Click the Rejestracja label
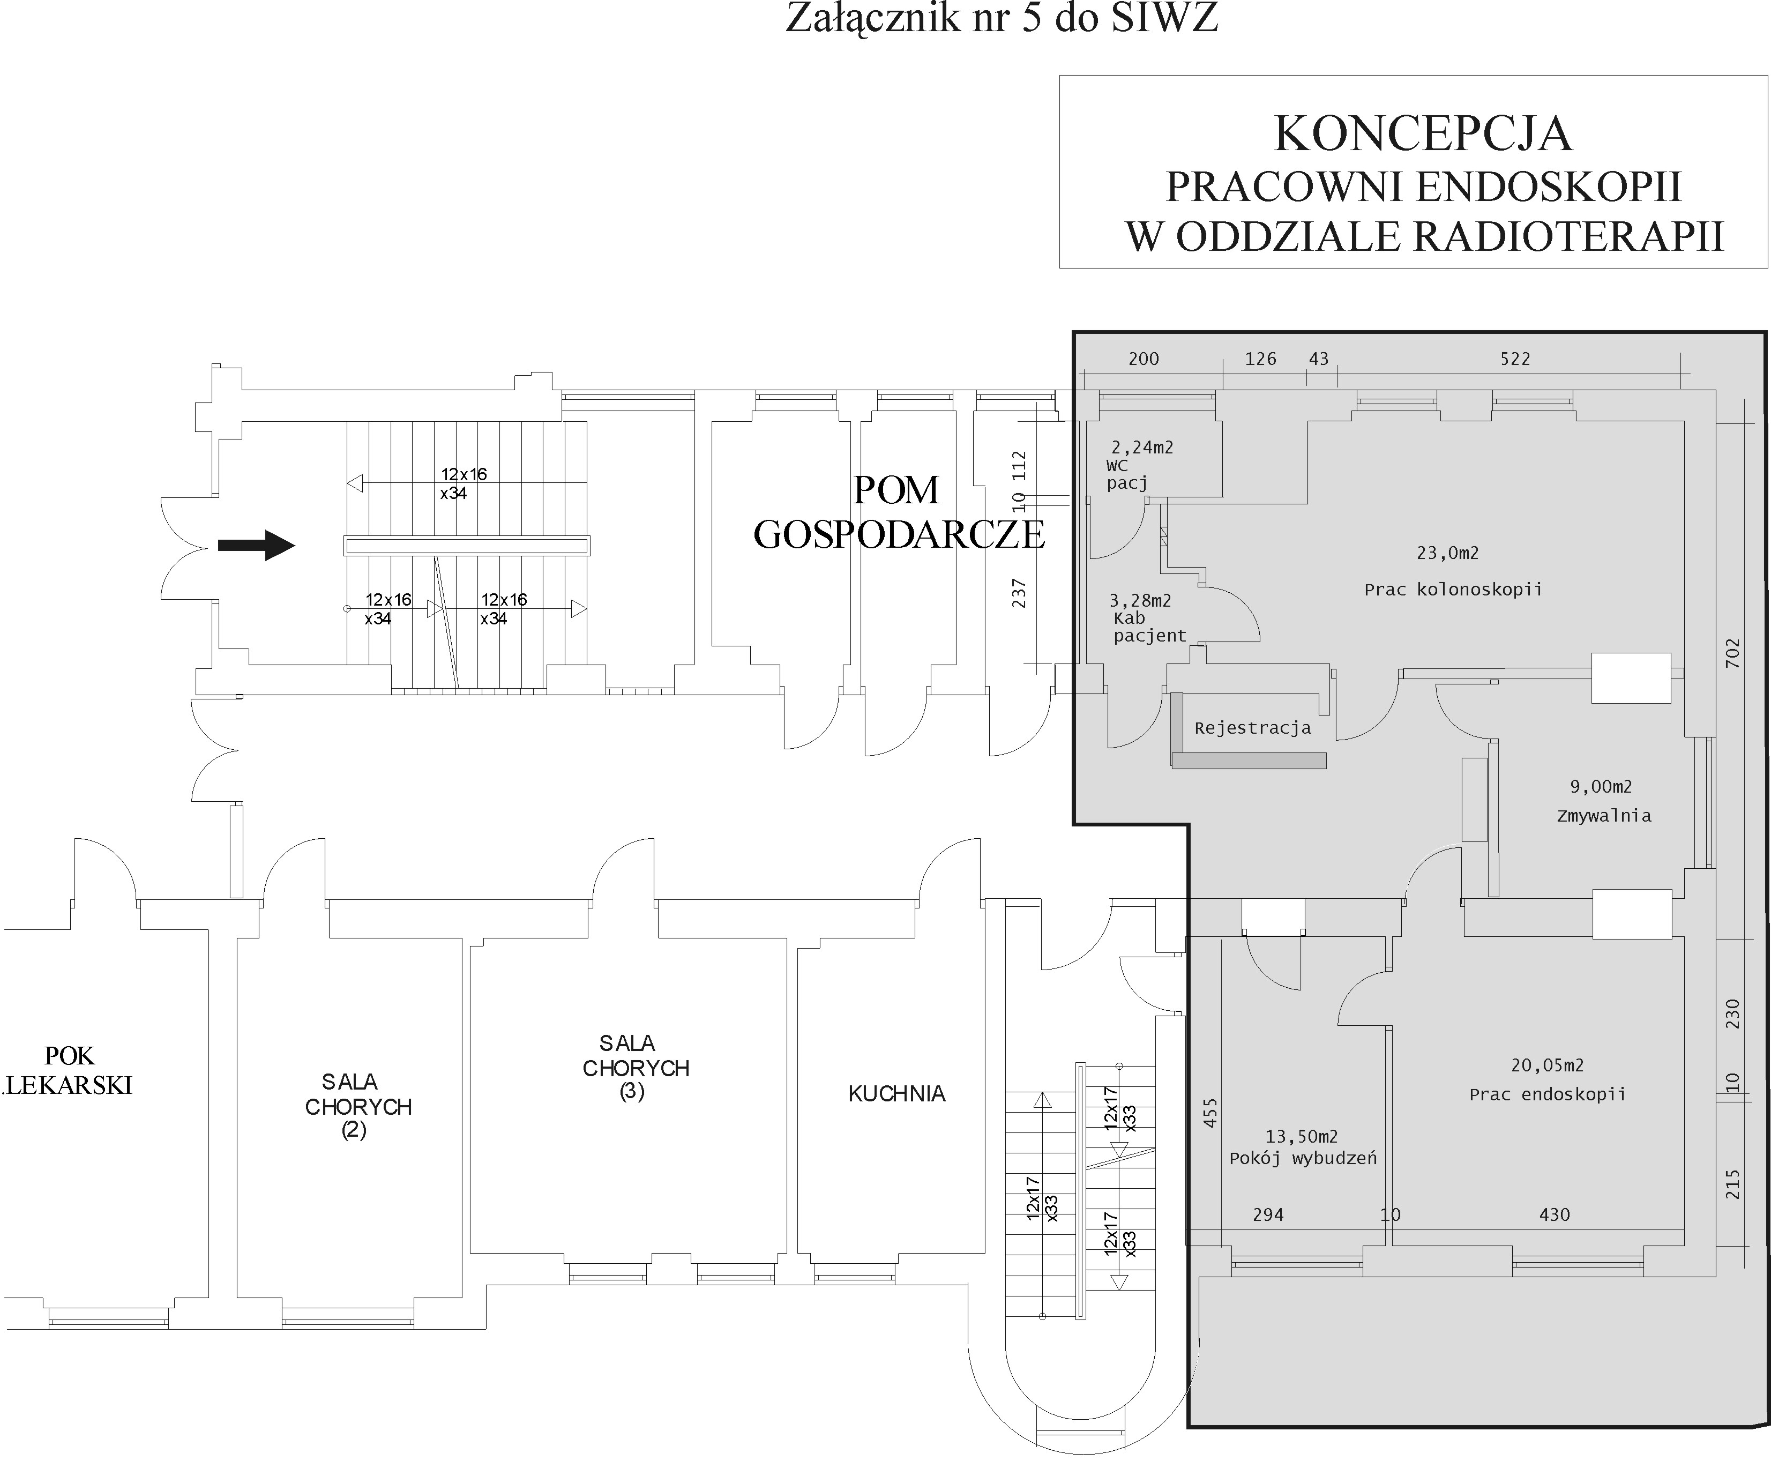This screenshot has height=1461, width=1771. click(1252, 728)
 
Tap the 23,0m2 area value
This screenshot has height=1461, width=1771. click(1447, 553)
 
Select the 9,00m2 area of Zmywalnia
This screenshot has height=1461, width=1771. click(1600, 787)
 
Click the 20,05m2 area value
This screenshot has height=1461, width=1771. click(1546, 1065)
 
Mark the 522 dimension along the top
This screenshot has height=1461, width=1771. click(1514, 360)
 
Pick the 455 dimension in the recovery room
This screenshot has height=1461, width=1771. click(1210, 1113)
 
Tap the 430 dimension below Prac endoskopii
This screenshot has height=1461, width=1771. click(1554, 1214)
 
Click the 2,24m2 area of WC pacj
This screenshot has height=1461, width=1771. click(1142, 448)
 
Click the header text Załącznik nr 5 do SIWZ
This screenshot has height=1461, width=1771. click(1001, 19)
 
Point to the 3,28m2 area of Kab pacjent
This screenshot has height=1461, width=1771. click(1140, 601)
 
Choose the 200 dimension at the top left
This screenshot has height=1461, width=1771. click(1144, 360)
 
